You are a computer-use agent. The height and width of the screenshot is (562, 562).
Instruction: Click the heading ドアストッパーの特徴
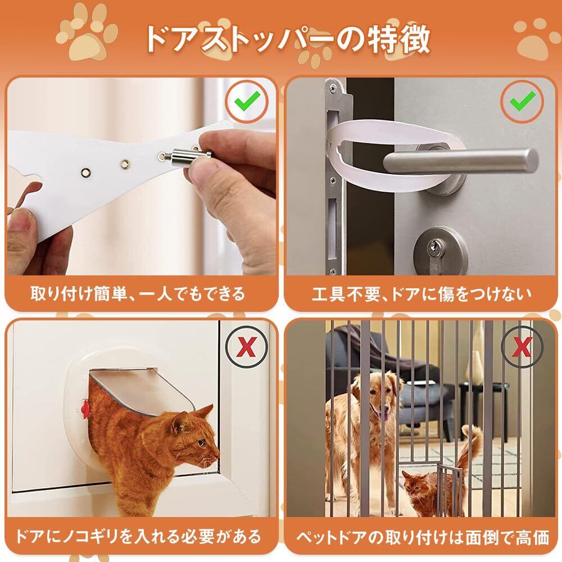point(287,39)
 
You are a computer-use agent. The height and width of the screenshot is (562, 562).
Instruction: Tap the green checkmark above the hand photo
point(247,101)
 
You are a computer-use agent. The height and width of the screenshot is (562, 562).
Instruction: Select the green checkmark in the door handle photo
point(523,101)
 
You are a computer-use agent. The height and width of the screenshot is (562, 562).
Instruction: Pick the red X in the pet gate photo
point(522,347)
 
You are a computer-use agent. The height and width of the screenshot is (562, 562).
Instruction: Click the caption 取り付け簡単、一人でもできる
point(138,294)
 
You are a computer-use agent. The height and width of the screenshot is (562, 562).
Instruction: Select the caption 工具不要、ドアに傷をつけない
point(422,294)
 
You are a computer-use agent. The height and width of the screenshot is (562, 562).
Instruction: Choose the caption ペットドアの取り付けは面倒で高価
point(422,537)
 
